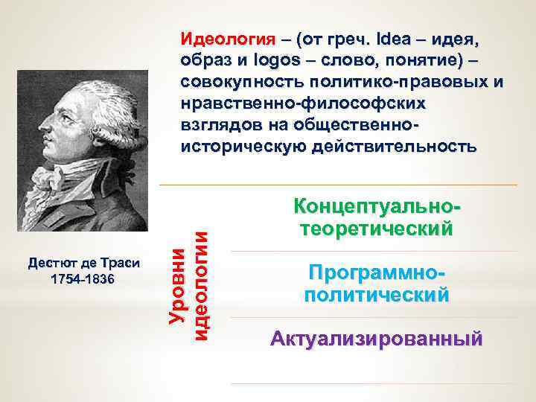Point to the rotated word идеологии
tap(200, 284)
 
